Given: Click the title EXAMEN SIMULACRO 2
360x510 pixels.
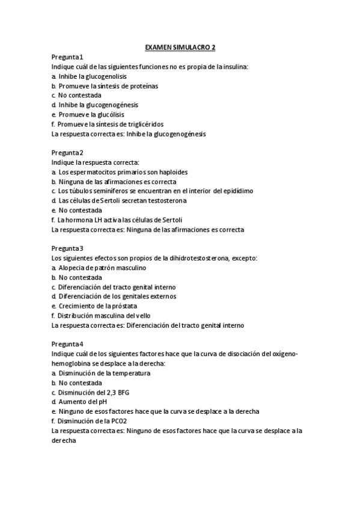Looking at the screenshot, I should (180, 47).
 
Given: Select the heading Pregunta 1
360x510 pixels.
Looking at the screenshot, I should (67, 57).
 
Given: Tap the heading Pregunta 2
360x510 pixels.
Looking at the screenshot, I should (67, 153).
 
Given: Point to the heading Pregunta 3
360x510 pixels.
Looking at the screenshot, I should (67, 248).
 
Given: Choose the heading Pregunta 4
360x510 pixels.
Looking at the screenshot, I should (67, 344).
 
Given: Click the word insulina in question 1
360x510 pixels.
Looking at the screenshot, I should (235, 67).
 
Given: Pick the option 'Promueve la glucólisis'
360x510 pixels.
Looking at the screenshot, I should (91, 114).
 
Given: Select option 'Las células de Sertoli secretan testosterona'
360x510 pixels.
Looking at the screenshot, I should (123, 201).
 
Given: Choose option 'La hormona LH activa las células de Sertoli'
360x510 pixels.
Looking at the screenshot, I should (120, 220).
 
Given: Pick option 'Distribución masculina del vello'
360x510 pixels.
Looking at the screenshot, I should (104, 316).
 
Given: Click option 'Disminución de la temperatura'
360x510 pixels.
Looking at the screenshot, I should (105, 373).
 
